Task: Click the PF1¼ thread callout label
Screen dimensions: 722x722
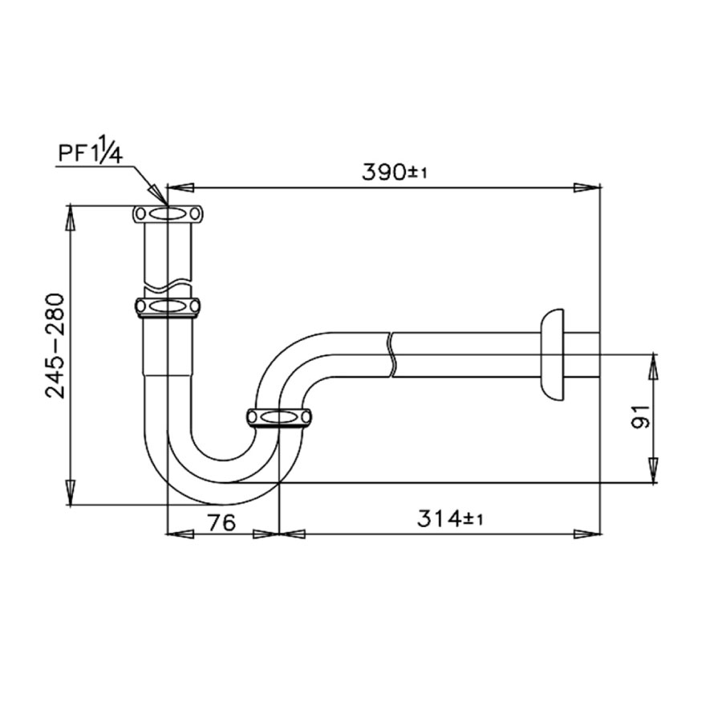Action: point(88,153)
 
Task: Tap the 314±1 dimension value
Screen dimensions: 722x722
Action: point(449,519)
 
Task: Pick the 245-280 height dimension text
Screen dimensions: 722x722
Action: point(55,345)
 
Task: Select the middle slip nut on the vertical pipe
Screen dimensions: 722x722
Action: point(168,306)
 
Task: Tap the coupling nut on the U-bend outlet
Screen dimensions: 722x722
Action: point(278,418)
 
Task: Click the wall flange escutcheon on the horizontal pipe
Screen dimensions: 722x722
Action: point(553,353)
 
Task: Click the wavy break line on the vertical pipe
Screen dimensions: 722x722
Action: point(168,284)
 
